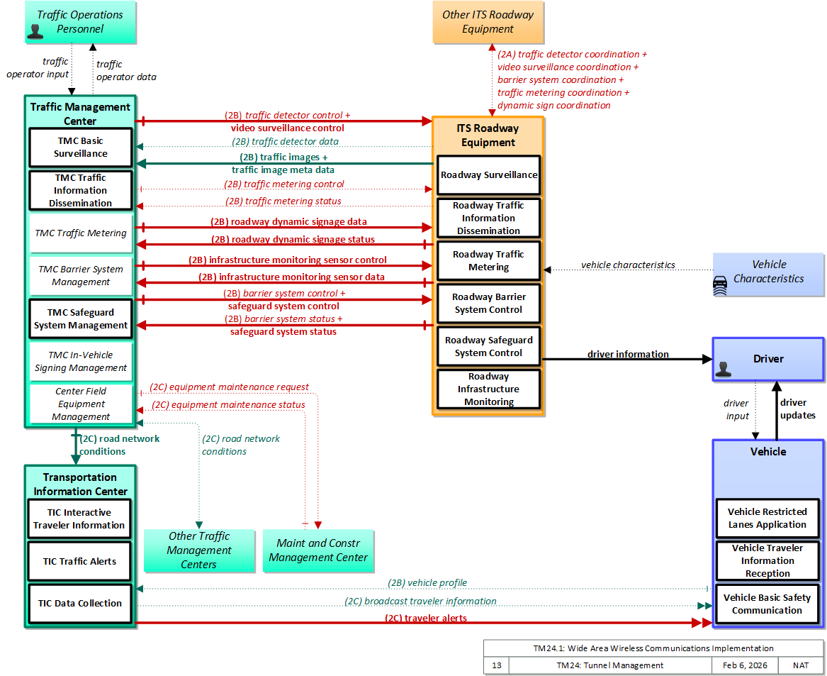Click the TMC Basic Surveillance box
80,148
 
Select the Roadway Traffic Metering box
488,260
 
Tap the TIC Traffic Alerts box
79,561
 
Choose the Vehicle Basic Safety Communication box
767,604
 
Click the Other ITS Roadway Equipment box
488,22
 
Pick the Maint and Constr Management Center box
318,550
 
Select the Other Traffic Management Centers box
199,550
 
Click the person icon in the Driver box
723,369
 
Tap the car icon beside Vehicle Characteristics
720,285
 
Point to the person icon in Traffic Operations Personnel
35,32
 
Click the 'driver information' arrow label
628,355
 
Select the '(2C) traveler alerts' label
426,618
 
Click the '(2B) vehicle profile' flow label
427,582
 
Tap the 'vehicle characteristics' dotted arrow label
628,265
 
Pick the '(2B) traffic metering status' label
283,201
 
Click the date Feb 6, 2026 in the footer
745,665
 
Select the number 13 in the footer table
497,665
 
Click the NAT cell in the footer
801,665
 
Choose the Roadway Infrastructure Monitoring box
488,389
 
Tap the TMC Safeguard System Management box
80,319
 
